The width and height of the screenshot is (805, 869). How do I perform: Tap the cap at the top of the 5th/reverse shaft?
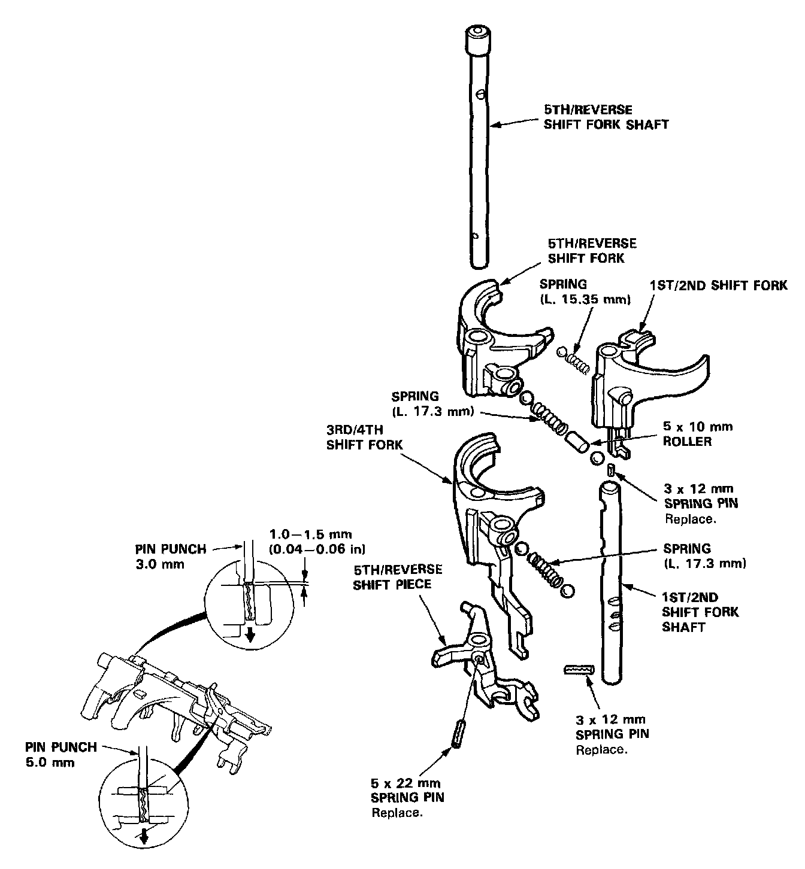tap(477, 41)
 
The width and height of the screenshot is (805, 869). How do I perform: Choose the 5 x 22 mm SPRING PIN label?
tap(408, 790)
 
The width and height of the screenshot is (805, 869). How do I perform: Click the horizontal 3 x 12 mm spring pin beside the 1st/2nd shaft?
tap(578, 669)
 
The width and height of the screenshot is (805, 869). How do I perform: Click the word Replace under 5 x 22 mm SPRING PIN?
tap(397, 813)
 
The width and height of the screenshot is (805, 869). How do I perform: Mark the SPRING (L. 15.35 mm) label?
tap(585, 291)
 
